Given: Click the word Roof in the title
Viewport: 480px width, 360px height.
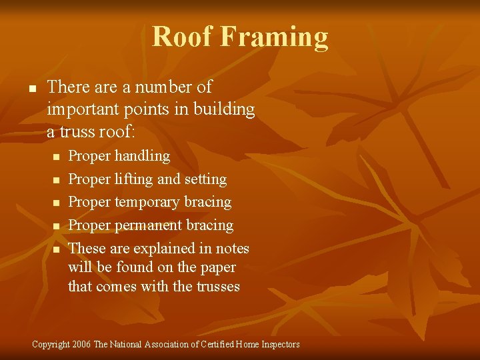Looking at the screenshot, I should [x=181, y=36].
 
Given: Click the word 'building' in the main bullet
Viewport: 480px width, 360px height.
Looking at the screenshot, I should [x=224, y=109].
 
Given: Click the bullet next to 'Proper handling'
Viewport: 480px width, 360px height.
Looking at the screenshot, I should [x=57, y=157].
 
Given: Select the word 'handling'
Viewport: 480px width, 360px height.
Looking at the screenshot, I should [x=142, y=156].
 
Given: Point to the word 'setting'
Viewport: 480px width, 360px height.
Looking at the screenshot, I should [x=205, y=179].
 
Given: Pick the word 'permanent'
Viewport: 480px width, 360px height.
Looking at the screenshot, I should [x=148, y=225].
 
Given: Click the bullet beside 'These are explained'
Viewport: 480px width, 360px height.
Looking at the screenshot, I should [x=57, y=249].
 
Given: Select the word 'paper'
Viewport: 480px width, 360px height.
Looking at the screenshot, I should [x=217, y=267].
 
